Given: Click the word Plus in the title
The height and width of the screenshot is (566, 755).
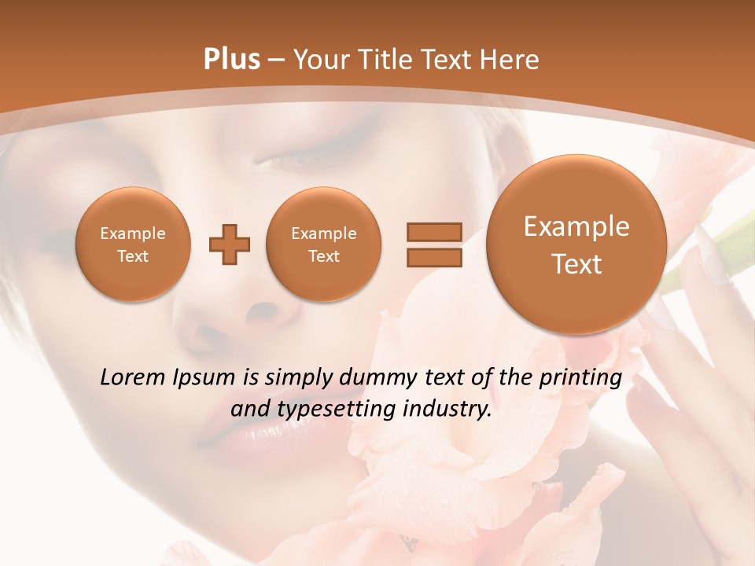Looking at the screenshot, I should (231, 60).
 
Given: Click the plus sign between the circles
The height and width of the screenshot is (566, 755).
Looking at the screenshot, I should (230, 244).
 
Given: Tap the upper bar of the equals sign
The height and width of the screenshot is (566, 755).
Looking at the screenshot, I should (434, 232).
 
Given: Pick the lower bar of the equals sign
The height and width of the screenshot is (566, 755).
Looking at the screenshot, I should (434, 257).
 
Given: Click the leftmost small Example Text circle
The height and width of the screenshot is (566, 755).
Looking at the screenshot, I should (133, 244).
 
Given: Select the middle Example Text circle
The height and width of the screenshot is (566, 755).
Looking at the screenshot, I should (323, 244).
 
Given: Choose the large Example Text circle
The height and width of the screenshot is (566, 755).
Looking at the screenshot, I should (576, 244).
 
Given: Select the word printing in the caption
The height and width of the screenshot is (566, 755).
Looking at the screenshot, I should (580, 378).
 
